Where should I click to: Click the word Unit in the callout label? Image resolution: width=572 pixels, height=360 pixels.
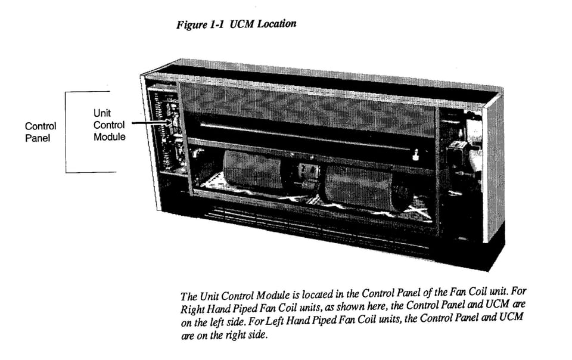pyautogui.click(x=102, y=113)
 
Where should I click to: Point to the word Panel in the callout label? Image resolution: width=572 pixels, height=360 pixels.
pyautogui.click(x=37, y=138)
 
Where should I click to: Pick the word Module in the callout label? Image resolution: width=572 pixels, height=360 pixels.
pyautogui.click(x=109, y=137)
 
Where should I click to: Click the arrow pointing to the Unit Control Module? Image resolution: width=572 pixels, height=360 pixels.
pyautogui.click(x=149, y=124)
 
